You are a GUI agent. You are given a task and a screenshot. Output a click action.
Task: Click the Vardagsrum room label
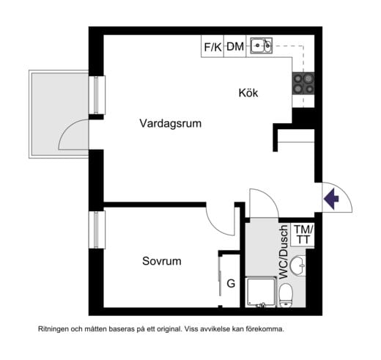coord(170,124)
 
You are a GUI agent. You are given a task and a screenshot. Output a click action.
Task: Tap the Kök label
coord(248,93)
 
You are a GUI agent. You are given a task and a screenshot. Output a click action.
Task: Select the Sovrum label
coord(161,261)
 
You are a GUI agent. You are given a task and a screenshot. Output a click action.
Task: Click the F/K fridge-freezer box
coord(212,47)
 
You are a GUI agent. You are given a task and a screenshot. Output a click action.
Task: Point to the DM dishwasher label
coord(235,47)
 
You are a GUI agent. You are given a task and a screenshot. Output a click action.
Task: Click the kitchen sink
coord(261,46)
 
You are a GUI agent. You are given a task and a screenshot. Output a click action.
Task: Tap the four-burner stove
coord(303,82)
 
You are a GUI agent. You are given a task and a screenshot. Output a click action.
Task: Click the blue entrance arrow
coord(331,198)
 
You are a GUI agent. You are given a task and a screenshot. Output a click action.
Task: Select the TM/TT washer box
coord(303,235)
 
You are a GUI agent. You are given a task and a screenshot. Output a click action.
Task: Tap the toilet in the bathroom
coord(286,295)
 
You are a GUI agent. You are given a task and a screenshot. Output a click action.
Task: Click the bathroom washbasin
coord(298,265)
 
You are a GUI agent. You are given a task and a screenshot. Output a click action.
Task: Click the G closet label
coord(230,284)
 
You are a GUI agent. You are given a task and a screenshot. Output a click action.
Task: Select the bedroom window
coord(94,229)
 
